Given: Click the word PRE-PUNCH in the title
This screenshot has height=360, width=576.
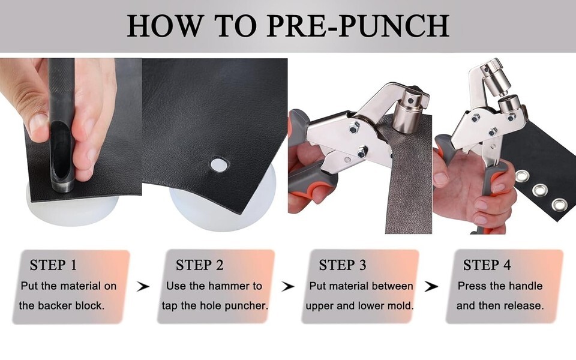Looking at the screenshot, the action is (358, 26).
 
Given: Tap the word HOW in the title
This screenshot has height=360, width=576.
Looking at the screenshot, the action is (165, 26).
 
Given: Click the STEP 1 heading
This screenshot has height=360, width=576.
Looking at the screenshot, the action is (53, 265).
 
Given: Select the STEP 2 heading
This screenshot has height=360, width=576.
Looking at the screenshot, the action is (199, 265).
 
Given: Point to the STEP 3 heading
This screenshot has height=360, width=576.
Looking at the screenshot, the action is (343, 265).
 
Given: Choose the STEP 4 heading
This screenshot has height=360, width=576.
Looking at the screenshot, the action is (487, 265).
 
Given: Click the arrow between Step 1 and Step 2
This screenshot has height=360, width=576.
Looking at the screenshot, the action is (143, 287).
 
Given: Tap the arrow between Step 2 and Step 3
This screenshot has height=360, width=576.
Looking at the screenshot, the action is (288, 287).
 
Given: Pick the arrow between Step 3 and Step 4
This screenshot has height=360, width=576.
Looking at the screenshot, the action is (431, 287).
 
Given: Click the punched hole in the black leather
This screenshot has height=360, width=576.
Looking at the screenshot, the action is (220, 164).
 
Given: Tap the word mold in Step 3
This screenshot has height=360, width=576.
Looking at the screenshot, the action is (401, 305).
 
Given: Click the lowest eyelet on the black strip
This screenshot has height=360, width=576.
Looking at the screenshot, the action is (559, 205).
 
